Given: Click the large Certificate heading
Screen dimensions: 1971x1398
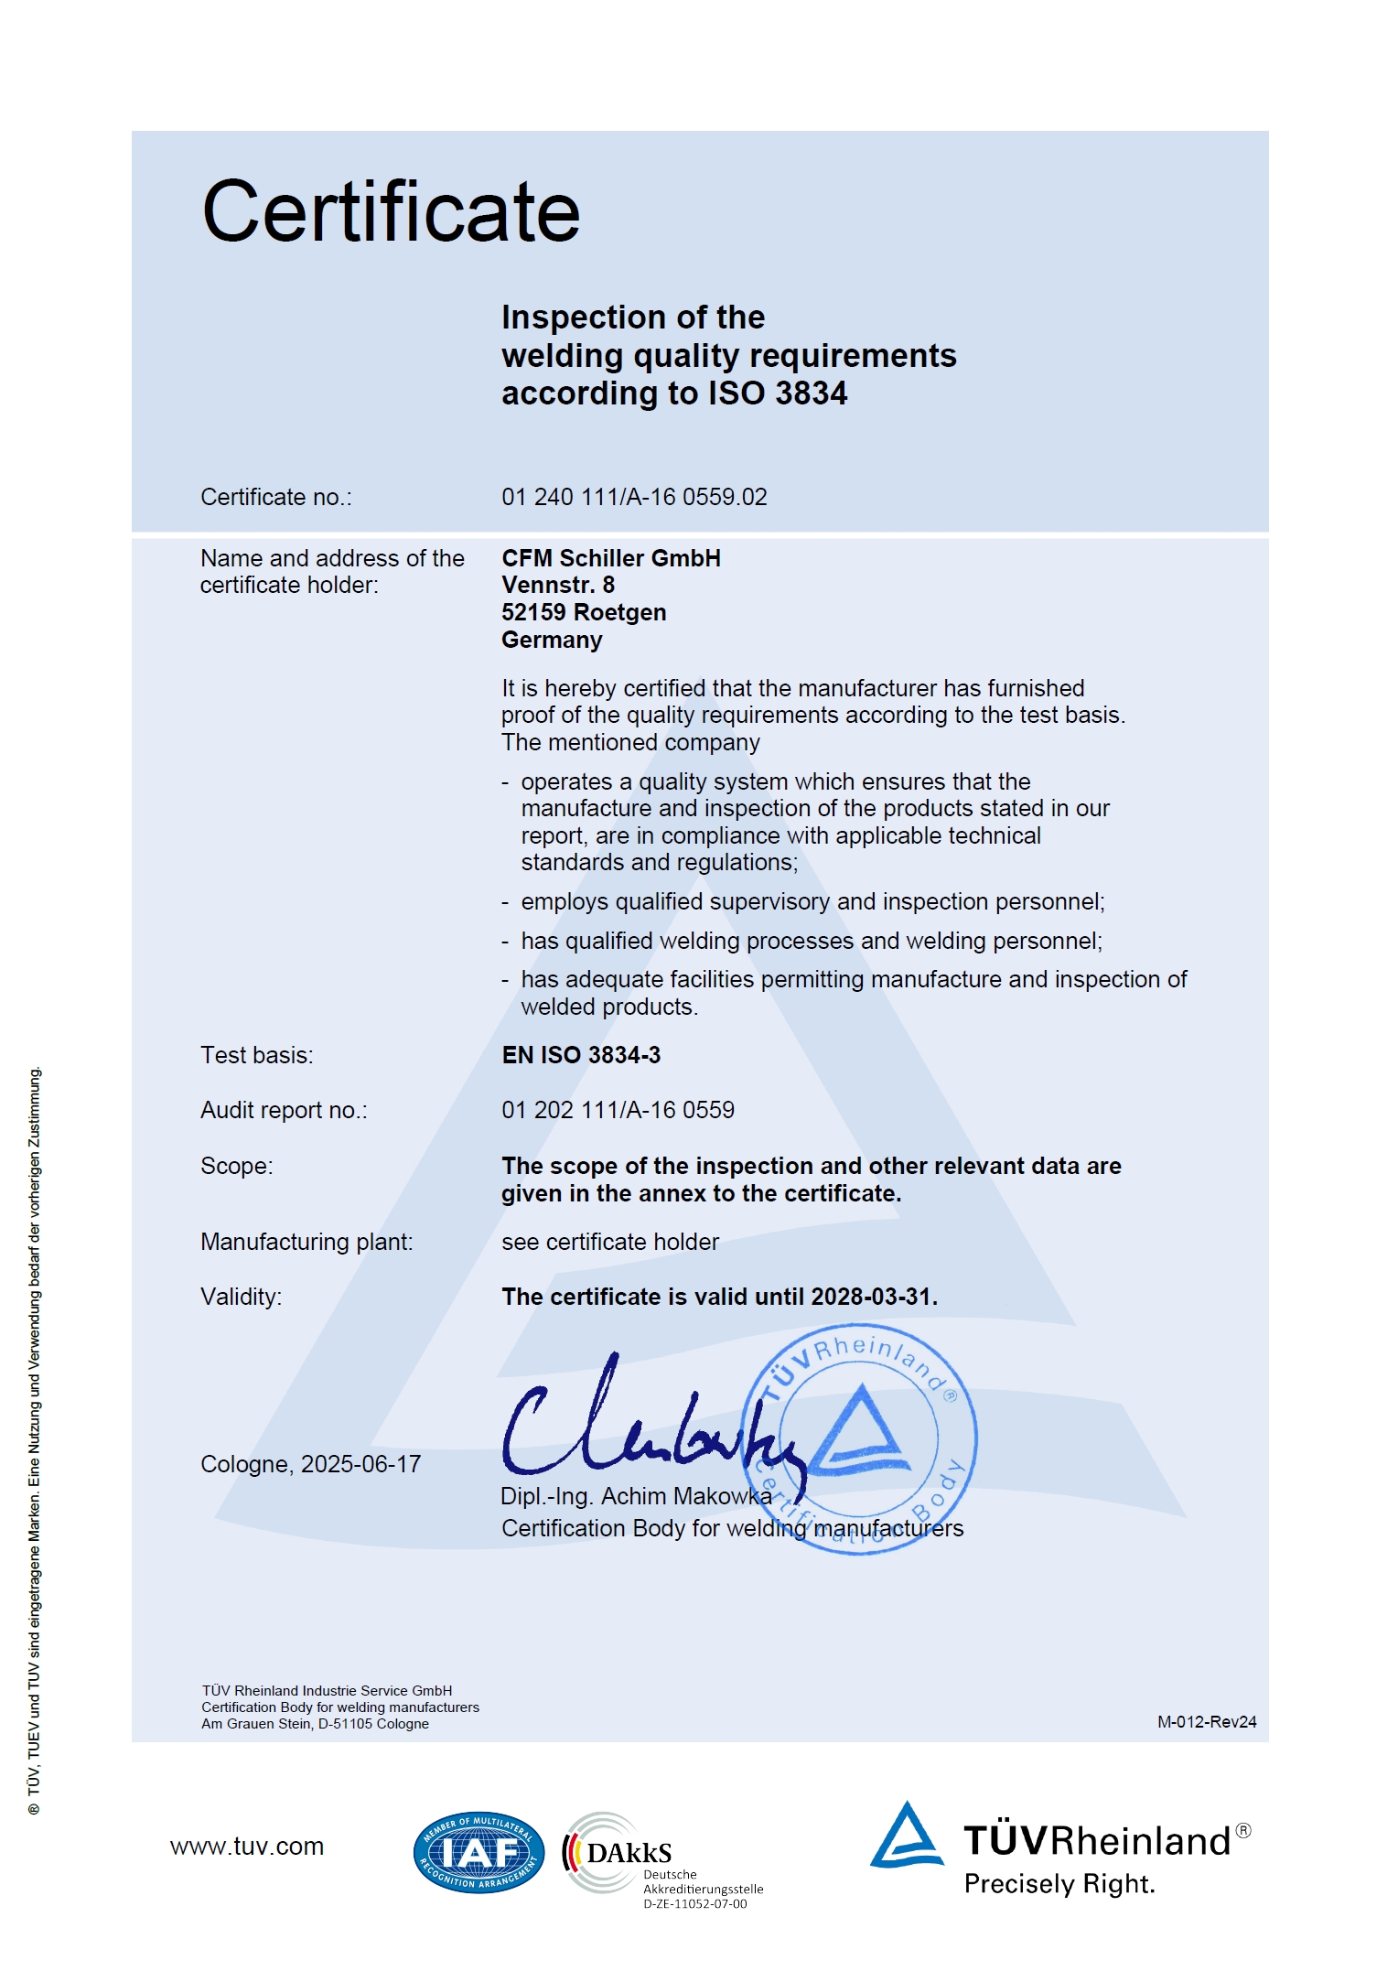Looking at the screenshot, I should [391, 212].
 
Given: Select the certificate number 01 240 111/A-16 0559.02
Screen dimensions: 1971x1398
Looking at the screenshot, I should [634, 497].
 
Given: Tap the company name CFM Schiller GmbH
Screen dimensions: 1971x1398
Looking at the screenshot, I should [611, 558].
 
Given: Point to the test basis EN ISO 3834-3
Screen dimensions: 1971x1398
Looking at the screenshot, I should [581, 1055].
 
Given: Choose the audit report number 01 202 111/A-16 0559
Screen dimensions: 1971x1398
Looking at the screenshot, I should [618, 1110].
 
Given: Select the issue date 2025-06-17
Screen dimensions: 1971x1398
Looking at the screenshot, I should [361, 1464].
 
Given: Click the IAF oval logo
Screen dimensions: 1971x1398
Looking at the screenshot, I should [479, 1852].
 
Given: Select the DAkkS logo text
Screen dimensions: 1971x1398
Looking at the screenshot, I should [629, 1853].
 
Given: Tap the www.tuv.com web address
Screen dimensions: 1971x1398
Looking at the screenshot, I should [247, 1847].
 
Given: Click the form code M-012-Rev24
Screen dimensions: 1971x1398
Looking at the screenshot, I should [1207, 1721].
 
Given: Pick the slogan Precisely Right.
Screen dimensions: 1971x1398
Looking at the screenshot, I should [1059, 1884].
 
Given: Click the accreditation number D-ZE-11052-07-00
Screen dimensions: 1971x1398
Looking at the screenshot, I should [695, 1904].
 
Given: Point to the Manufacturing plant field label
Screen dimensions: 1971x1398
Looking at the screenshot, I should [306, 1242].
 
